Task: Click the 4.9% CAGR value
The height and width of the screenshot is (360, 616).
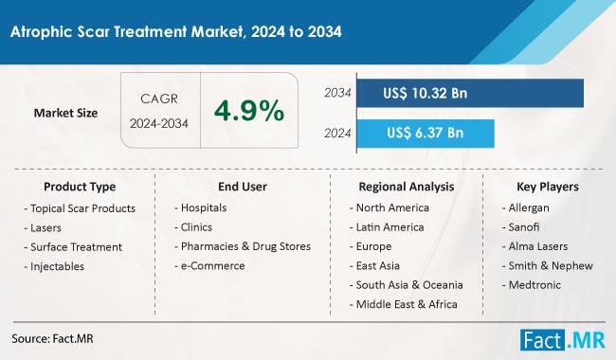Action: click(248, 112)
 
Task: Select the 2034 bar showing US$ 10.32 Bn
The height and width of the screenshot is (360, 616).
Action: click(475, 93)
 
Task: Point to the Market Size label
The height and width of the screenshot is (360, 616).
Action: click(65, 113)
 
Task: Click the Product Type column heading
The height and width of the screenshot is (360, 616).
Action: click(80, 187)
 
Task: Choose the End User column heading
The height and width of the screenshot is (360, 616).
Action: click(241, 187)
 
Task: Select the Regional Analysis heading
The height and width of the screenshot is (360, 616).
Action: click(406, 187)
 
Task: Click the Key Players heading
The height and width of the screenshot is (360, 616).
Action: click(548, 187)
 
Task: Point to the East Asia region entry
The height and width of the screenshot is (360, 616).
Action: click(379, 265)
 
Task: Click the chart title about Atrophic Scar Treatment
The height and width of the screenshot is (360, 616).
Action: click(176, 31)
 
